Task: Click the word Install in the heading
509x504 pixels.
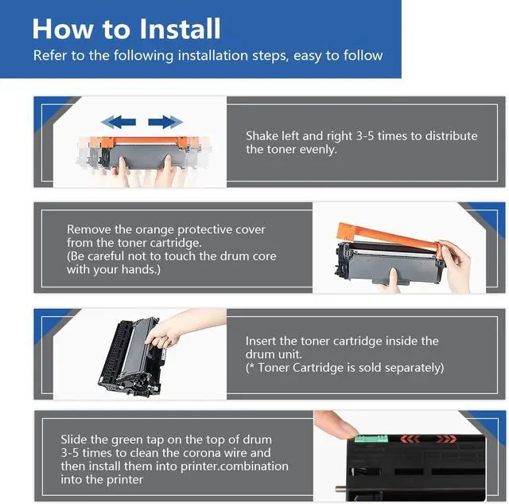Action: pos(181,29)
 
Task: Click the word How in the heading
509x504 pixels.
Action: pos(62,29)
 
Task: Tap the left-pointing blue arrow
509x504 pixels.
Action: pos(119,122)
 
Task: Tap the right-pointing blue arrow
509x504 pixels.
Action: pos(165,122)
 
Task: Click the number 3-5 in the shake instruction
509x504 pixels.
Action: pos(365,136)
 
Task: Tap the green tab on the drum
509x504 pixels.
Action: pos(371,439)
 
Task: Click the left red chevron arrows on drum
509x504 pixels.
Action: pos(410,440)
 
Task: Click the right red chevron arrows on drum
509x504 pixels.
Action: pos(446,440)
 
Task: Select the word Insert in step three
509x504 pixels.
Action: pos(261,341)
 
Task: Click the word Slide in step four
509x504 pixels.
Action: pos(74,440)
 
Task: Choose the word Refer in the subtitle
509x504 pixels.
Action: pos(50,56)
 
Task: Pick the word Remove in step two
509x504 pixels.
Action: pos(88,230)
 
